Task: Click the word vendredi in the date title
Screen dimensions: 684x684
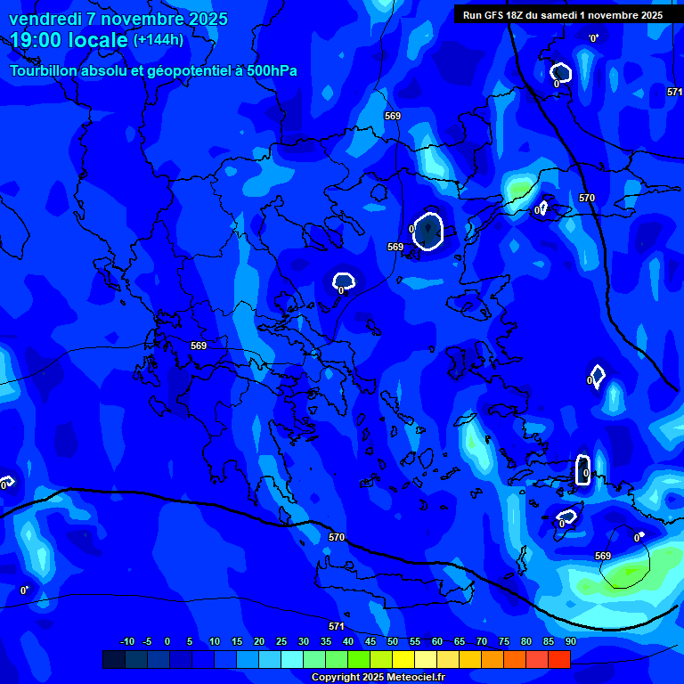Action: [43, 19]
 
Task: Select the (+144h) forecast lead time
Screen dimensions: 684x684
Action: [159, 40]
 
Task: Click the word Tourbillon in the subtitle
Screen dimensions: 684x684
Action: [43, 70]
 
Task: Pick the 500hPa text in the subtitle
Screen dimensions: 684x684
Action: [271, 70]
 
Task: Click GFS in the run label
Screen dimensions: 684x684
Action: [495, 15]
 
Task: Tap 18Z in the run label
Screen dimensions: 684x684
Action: [517, 15]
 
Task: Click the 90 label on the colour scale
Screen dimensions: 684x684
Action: [570, 642]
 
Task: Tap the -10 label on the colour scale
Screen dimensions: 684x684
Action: [126, 642]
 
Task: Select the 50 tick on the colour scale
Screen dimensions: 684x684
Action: [393, 642]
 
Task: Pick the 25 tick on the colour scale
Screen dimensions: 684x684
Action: [281, 642]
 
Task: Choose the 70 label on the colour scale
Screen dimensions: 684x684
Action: [482, 642]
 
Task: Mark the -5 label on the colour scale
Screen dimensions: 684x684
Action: [147, 642]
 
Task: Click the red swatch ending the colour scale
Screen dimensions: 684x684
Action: [559, 659]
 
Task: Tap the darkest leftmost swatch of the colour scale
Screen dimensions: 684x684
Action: [113, 659]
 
